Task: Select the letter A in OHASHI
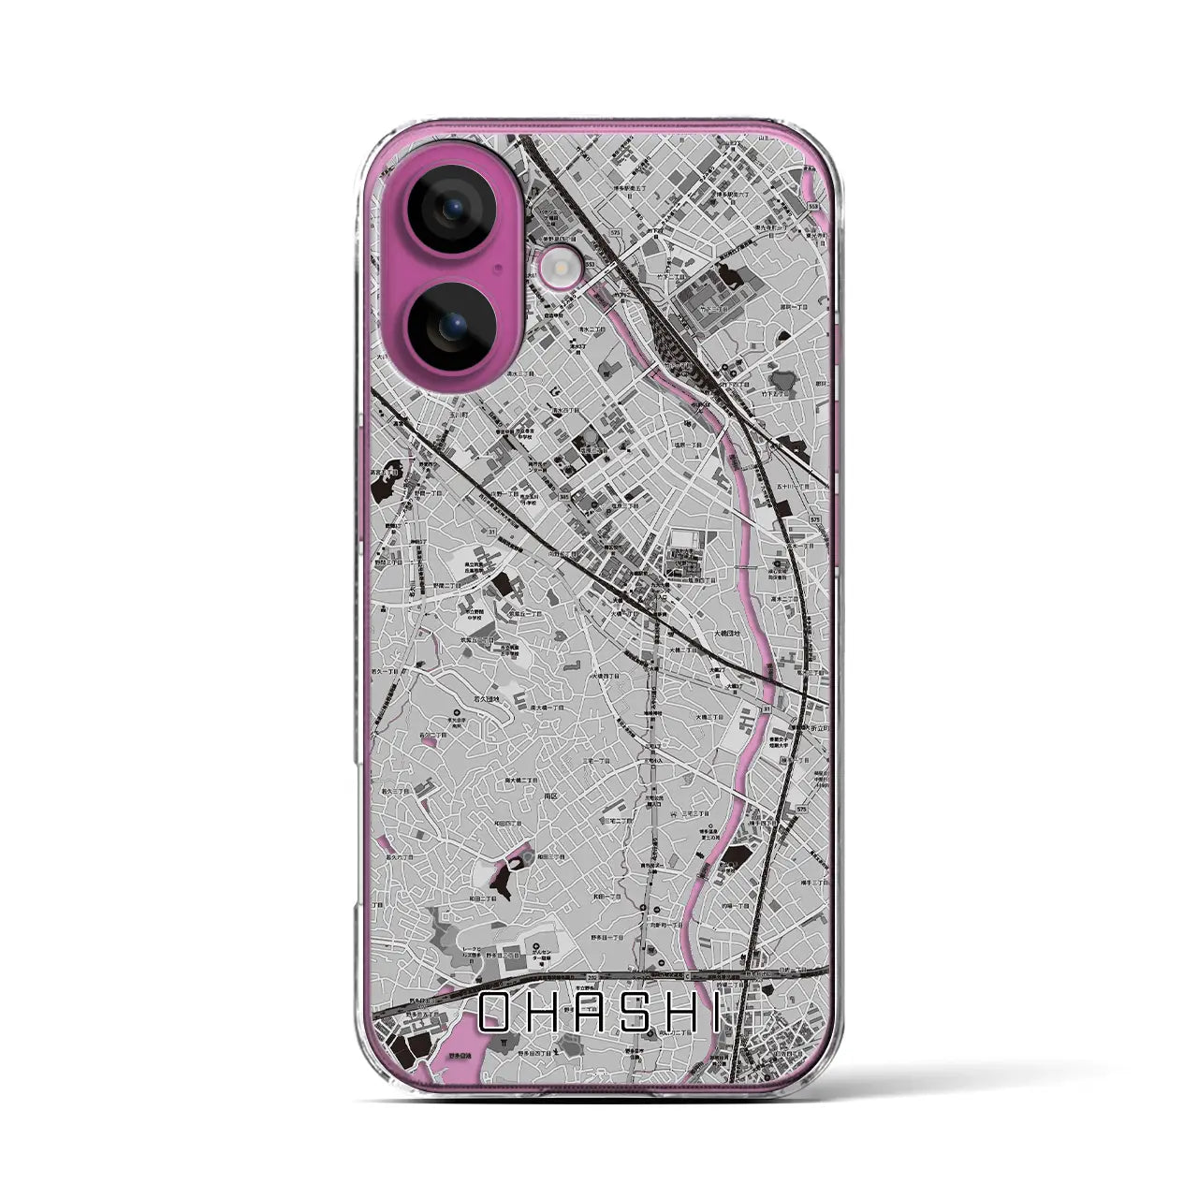click(592, 1012)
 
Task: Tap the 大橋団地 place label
click(727, 634)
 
